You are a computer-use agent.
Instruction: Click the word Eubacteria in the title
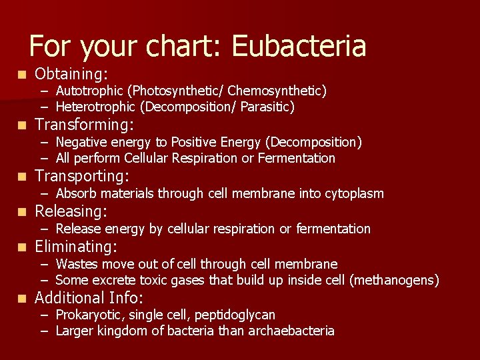coord(299,47)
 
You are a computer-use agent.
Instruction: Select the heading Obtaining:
coord(71,74)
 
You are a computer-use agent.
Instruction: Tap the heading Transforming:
coord(84,125)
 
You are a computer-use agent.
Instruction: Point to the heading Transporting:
coord(81,176)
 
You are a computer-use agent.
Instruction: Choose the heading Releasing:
coord(71,212)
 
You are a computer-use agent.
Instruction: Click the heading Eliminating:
coord(75,247)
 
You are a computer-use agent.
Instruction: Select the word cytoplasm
coord(354,193)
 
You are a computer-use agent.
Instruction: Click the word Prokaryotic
coord(89,315)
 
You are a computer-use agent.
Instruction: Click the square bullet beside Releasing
coord(23,212)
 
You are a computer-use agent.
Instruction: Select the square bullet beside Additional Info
coord(23,298)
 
